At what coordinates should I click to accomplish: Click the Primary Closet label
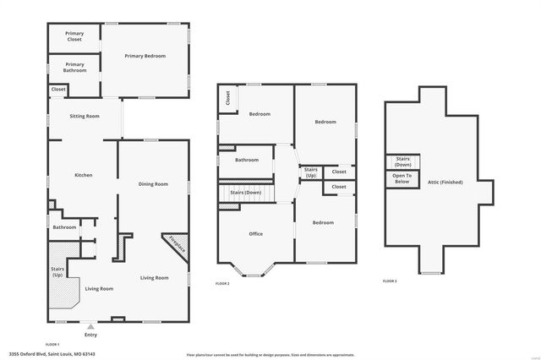(x=74, y=36)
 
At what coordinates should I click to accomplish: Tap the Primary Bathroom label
(x=74, y=67)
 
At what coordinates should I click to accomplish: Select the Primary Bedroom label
(x=145, y=56)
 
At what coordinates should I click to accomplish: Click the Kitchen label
(x=83, y=175)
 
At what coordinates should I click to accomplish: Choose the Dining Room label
(x=153, y=184)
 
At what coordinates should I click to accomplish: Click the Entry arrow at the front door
(x=90, y=325)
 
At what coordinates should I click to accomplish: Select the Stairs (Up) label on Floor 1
(x=57, y=271)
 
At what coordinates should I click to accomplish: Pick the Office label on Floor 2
(x=255, y=233)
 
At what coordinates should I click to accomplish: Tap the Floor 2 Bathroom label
(x=247, y=160)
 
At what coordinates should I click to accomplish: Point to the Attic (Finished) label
(x=444, y=182)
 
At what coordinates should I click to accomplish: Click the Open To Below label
(x=402, y=178)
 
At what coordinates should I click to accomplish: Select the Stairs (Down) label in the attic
(x=402, y=161)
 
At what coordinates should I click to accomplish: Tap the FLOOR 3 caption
(x=390, y=281)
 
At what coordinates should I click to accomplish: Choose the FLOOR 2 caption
(x=222, y=283)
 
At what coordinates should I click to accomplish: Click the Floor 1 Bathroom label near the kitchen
(x=65, y=226)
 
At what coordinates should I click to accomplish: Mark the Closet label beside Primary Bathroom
(x=58, y=89)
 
